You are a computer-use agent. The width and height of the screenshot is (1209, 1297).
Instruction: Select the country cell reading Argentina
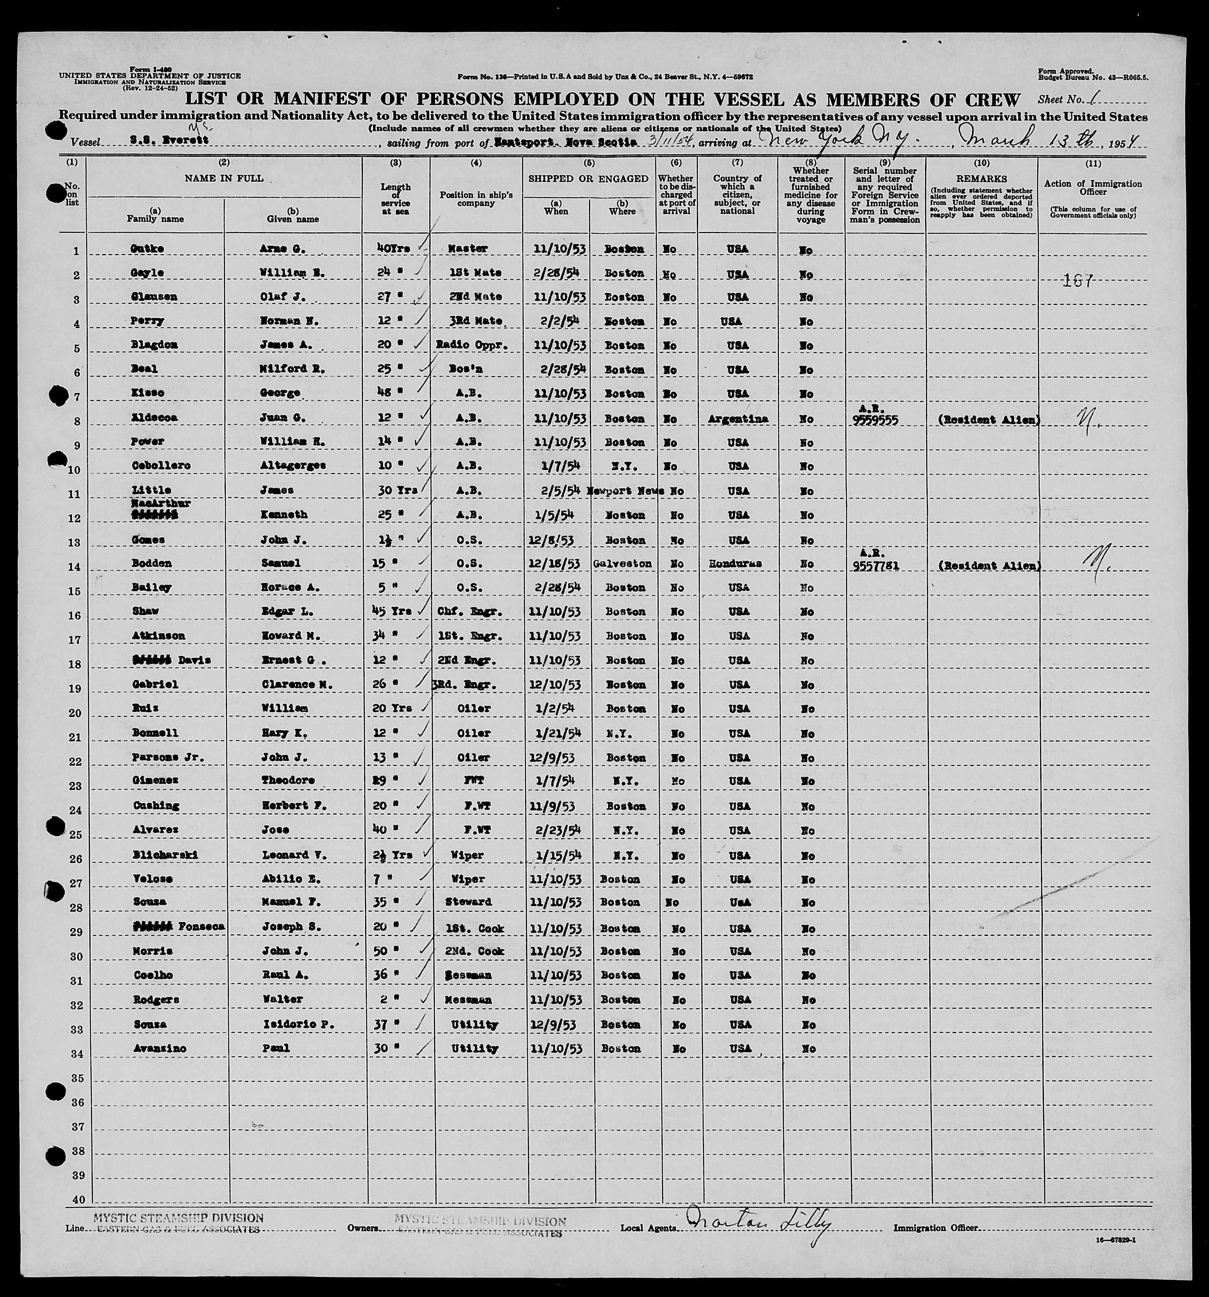pos(737,419)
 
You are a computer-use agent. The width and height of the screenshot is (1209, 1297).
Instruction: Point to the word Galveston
pos(622,564)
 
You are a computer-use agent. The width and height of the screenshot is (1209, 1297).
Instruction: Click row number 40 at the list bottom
pos(78,1200)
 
